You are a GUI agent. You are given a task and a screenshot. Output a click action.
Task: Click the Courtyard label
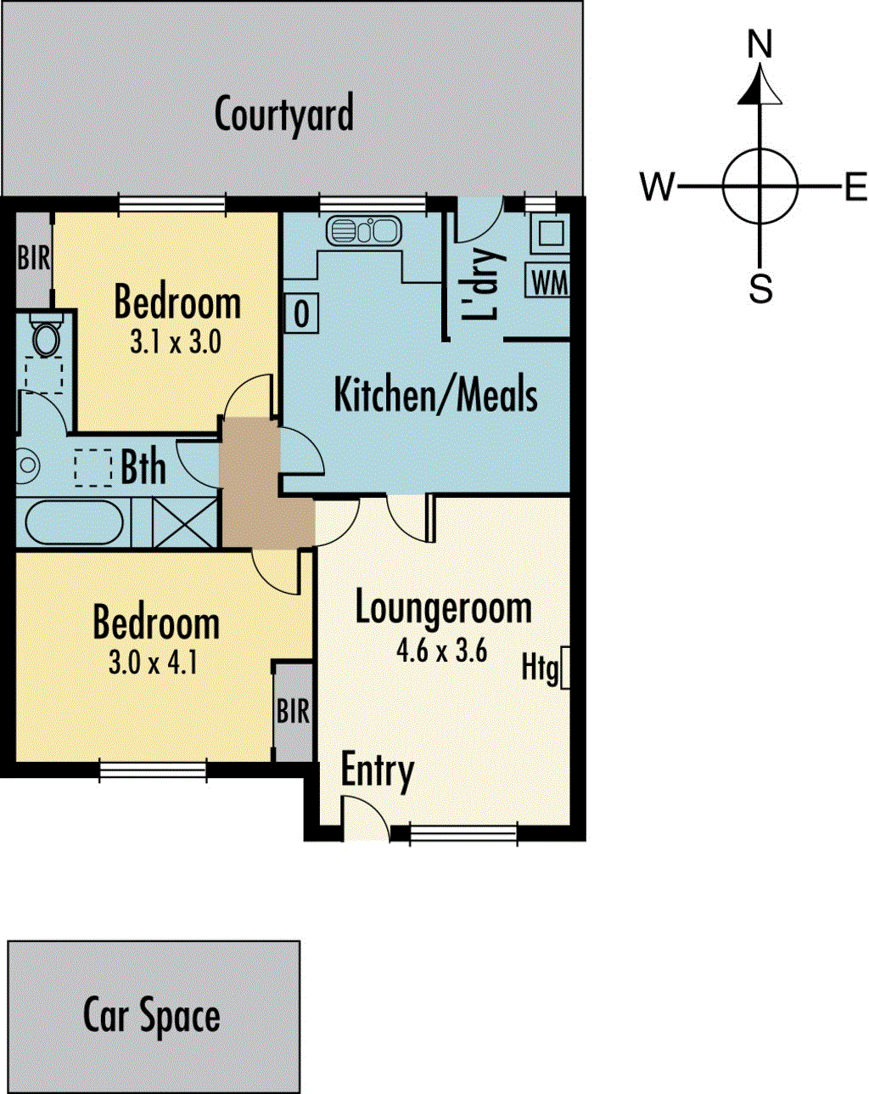tap(284, 116)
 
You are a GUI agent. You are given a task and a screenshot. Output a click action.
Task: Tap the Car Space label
tap(151, 1016)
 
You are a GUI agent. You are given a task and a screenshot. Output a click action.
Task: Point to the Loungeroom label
tap(443, 607)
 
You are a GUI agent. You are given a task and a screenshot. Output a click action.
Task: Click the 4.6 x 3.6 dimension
tap(442, 651)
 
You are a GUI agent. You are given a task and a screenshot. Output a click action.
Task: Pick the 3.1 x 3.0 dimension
tap(176, 341)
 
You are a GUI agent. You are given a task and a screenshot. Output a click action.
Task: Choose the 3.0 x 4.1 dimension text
tap(153, 663)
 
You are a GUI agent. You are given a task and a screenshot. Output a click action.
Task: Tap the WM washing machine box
tap(547, 280)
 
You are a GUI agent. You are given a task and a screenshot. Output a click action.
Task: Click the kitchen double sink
tap(364, 230)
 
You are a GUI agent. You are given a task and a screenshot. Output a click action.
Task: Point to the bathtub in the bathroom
tap(74, 522)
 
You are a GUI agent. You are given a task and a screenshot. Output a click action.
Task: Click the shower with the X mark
tap(185, 522)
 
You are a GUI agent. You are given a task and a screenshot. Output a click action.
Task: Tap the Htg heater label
tap(540, 668)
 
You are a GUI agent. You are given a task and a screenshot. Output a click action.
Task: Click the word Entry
tap(378, 774)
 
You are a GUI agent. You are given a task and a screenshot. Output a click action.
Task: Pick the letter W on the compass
tap(657, 186)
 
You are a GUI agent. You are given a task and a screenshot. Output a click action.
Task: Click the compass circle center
tap(760, 186)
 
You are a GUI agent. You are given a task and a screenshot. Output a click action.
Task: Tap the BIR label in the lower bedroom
tap(293, 711)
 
